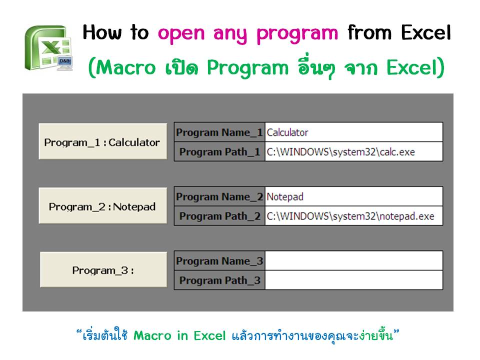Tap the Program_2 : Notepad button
[x=102, y=206]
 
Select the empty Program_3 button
[x=103, y=270]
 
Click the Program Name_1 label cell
[x=219, y=132]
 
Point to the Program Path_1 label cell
[x=219, y=151]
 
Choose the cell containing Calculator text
[x=353, y=132]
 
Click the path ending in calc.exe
[x=353, y=151]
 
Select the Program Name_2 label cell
[x=219, y=196]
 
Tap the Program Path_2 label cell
[x=219, y=216]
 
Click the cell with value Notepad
[x=353, y=196]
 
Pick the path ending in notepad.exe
[x=353, y=216]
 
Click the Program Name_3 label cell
[x=219, y=261]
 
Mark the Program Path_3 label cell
[x=219, y=280]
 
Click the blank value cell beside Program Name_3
[x=353, y=261]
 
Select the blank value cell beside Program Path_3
[x=353, y=280]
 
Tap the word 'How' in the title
[x=100, y=33]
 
